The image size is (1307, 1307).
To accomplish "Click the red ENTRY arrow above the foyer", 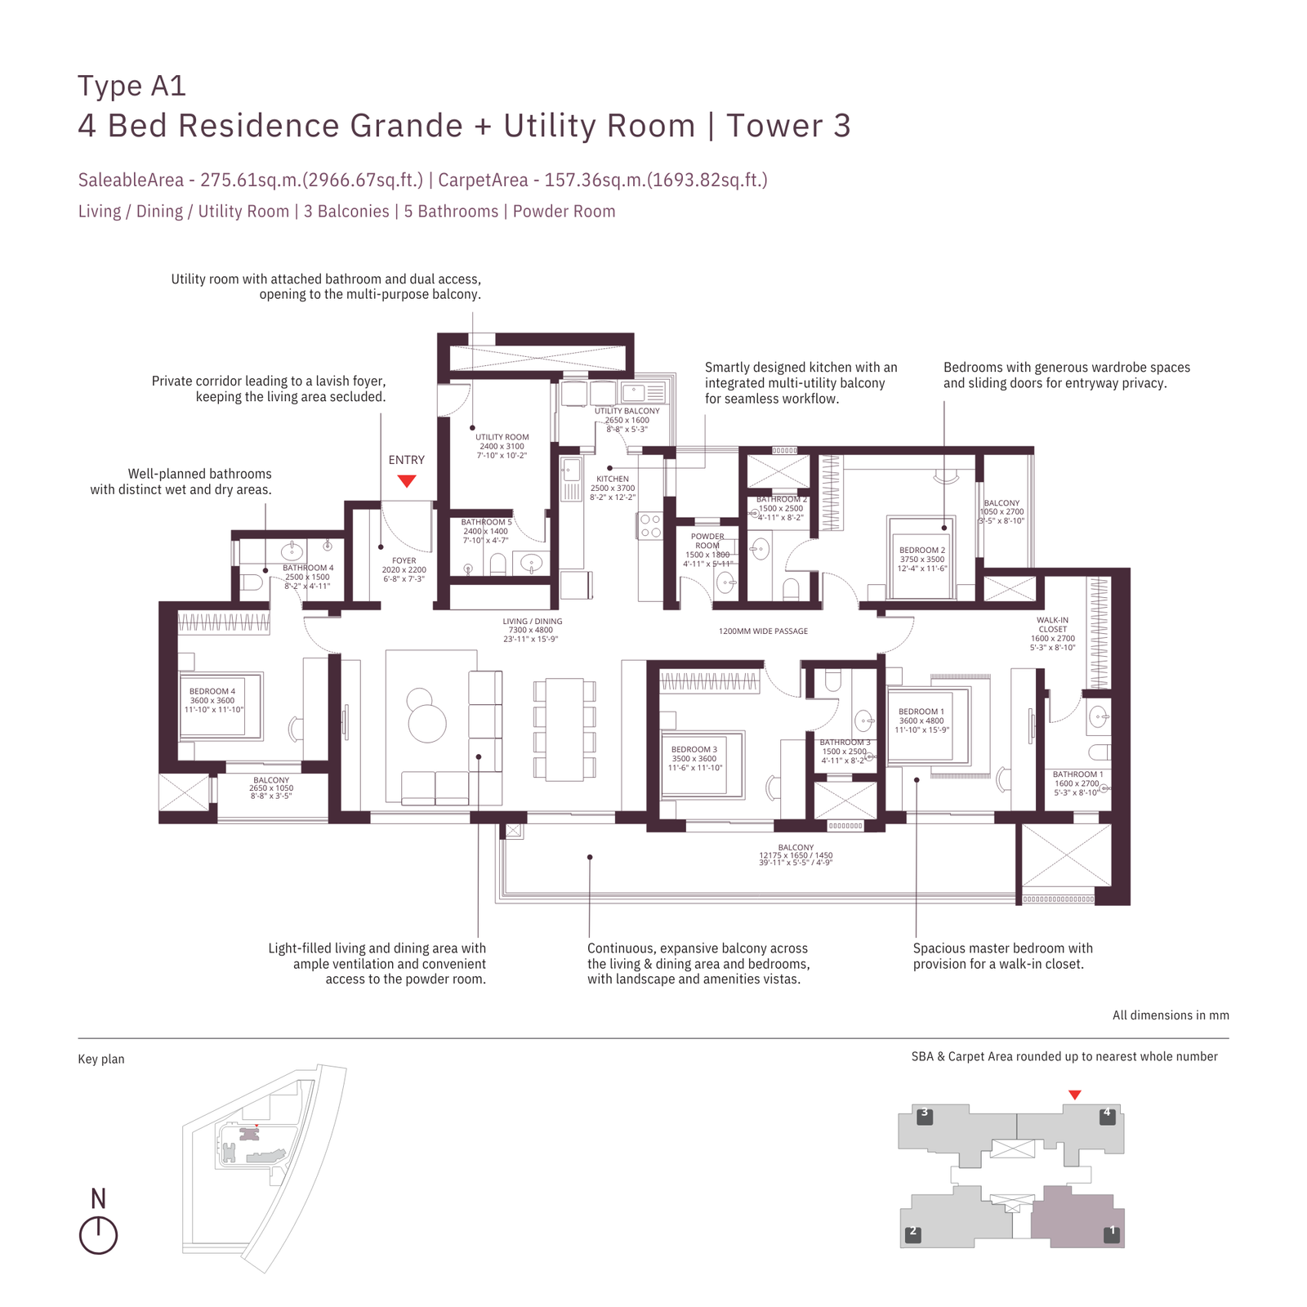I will [x=407, y=481].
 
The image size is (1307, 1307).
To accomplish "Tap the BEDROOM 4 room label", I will [x=212, y=691].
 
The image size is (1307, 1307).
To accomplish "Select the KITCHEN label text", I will [x=613, y=479].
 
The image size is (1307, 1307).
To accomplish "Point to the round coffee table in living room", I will [x=427, y=724].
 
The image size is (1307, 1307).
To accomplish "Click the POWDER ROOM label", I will [x=707, y=541].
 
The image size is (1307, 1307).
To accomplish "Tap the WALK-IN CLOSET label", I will [x=1052, y=625].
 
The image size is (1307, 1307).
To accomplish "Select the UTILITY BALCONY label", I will [x=627, y=411].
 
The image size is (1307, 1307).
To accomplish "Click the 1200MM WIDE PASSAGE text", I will [x=763, y=631].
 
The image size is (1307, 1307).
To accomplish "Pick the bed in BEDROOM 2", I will [x=921, y=557].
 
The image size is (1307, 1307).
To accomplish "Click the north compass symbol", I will [x=98, y=1234].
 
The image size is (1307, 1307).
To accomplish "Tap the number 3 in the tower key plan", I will [x=925, y=1113].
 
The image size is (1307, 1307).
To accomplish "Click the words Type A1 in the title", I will [x=132, y=86].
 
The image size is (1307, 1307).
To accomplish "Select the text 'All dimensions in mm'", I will [x=1170, y=1015].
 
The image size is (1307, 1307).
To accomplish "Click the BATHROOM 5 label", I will [x=486, y=522].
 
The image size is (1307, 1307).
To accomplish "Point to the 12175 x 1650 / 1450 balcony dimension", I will [x=796, y=855].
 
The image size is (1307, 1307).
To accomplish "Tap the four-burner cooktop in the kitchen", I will [x=651, y=526].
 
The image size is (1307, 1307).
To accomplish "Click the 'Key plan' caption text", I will [x=101, y=1059].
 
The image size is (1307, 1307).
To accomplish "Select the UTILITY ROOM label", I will [x=502, y=437].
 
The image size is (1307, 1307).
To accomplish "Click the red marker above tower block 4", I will [x=1075, y=1095].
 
